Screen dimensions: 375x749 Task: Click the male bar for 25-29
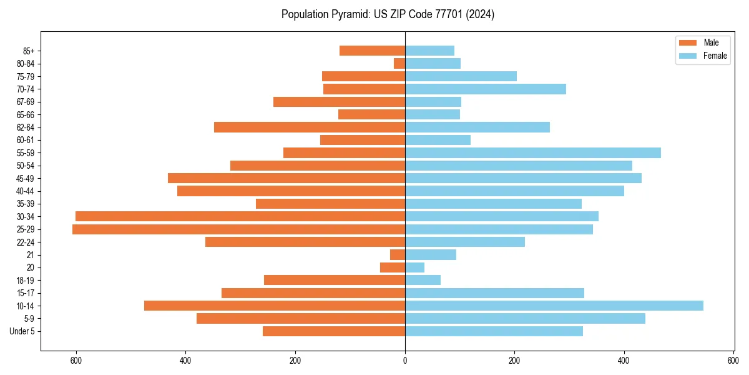coord(238,229)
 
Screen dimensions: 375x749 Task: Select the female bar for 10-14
coord(554,306)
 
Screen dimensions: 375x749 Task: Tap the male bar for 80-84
coord(399,64)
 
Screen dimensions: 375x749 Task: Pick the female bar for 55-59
coord(533,153)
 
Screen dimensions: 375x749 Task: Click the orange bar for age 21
coord(398,255)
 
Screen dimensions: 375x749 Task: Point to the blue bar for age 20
coord(414,267)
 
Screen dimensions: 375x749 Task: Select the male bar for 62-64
coord(310,127)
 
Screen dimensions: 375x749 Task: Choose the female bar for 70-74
coord(486,89)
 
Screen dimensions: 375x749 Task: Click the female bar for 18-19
coord(423,280)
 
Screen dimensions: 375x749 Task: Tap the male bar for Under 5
coord(334,331)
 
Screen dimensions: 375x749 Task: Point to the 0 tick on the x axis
coord(405,361)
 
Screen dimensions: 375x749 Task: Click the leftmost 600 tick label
coord(76,361)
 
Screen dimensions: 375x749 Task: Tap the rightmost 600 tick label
coord(733,361)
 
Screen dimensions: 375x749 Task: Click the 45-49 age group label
coord(26,179)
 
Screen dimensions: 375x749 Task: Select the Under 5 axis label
coord(22,331)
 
